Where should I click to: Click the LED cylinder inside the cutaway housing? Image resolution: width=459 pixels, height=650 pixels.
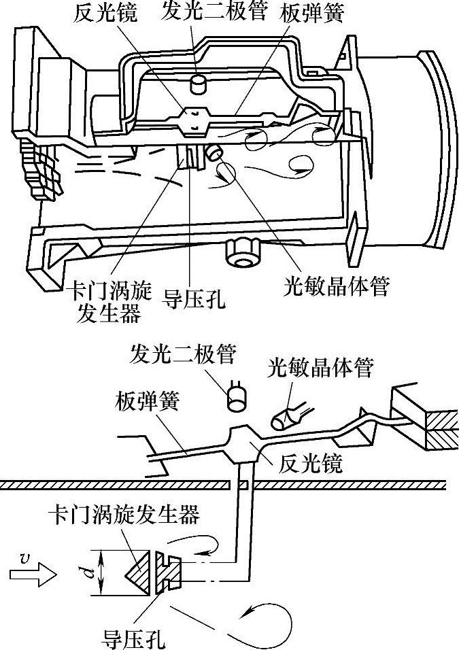(199, 84)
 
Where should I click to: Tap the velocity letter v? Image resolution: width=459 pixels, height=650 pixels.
(25, 559)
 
